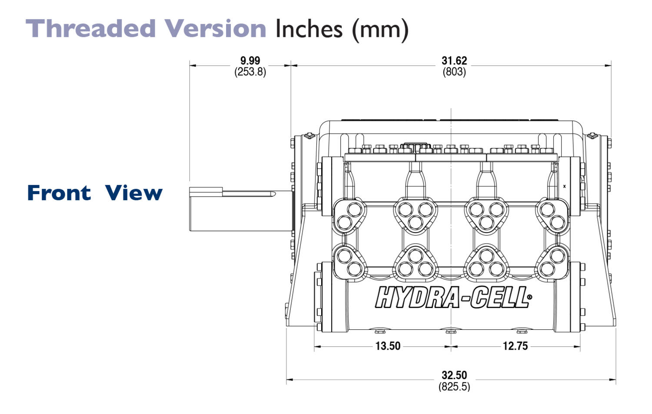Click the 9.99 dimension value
pyautogui.click(x=250, y=60)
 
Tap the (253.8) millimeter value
pyautogui.click(x=250, y=72)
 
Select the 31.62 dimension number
pyautogui.click(x=454, y=60)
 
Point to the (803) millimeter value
pyautogui.click(x=454, y=72)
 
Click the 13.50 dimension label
pyautogui.click(x=388, y=346)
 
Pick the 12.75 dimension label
pyautogui.click(x=515, y=346)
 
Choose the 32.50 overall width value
pyautogui.click(x=454, y=375)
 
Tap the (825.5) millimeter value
pyautogui.click(x=454, y=387)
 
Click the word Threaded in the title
pyautogui.click(x=90, y=28)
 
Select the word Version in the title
pyautogui.click(x=216, y=28)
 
